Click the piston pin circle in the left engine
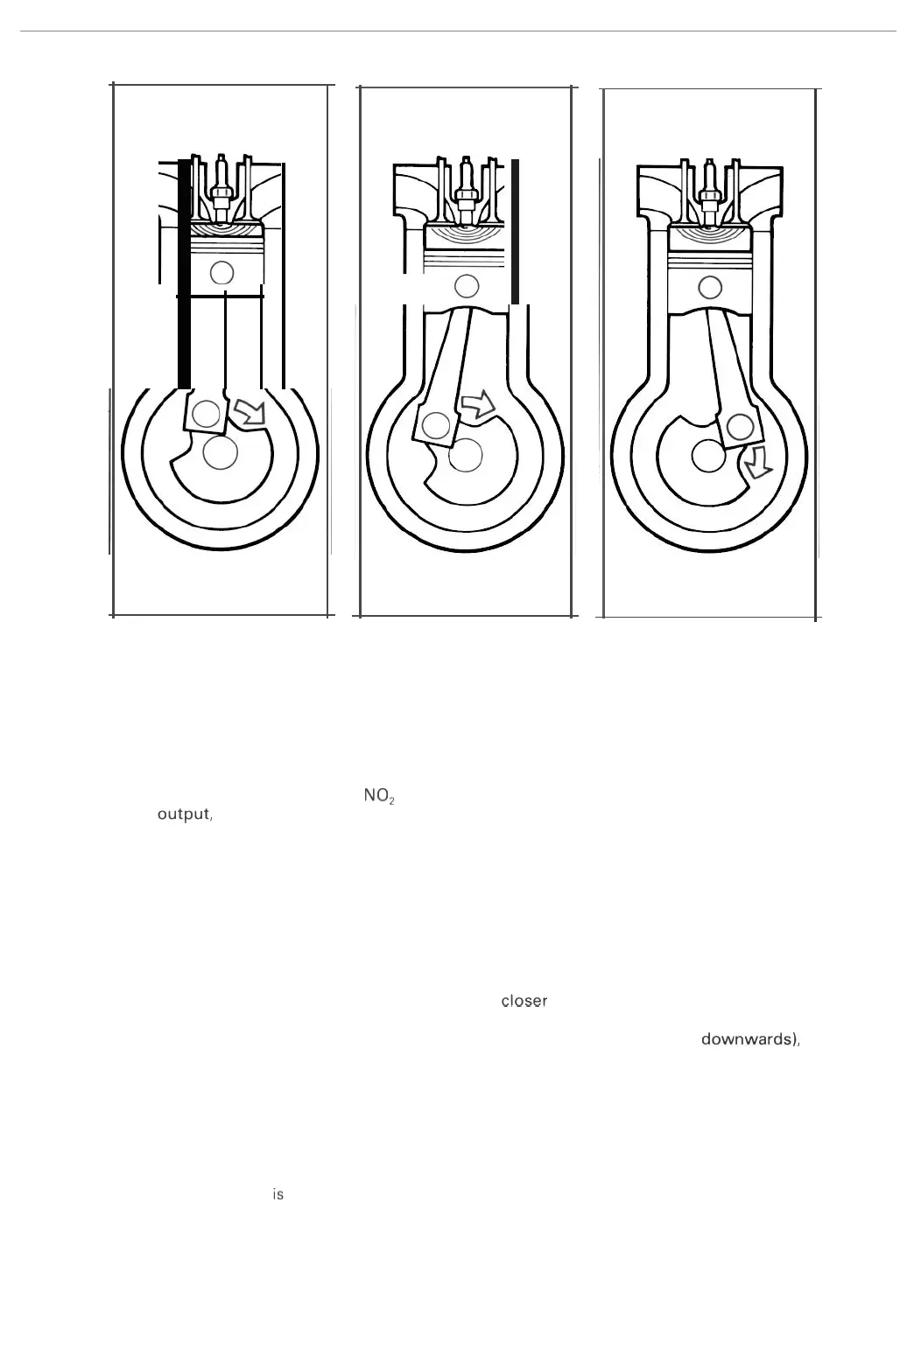[x=222, y=272]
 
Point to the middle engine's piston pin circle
[x=467, y=285]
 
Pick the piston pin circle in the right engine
[x=710, y=286]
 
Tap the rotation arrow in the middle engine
[x=478, y=403]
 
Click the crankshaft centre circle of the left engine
[x=220, y=452]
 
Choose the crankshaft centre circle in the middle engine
[x=466, y=454]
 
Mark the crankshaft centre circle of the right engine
[x=707, y=456]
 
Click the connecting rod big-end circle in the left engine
[x=206, y=413]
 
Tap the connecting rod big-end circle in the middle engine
[x=435, y=426]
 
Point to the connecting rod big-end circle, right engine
[x=741, y=427]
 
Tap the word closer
[x=524, y=1001]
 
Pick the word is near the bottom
[x=278, y=1194]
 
